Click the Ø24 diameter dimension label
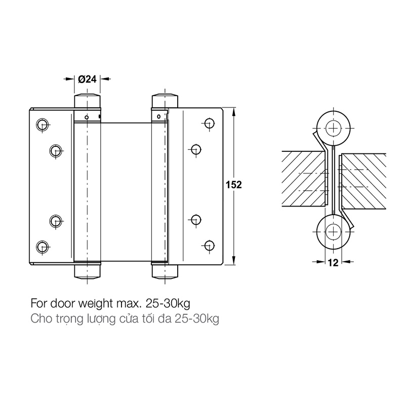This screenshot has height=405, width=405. (x=87, y=79)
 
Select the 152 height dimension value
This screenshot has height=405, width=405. (x=234, y=185)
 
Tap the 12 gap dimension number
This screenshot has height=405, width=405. (x=333, y=263)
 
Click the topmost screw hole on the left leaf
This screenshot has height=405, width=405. (x=42, y=125)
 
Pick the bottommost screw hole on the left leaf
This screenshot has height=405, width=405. (x=42, y=247)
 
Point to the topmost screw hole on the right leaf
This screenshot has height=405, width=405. (x=209, y=123)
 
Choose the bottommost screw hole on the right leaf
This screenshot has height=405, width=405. (x=209, y=245)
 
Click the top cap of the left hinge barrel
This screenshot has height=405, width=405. (x=87, y=101)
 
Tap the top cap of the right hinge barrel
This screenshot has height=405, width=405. (x=165, y=101)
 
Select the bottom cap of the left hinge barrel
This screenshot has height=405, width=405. (x=87, y=271)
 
